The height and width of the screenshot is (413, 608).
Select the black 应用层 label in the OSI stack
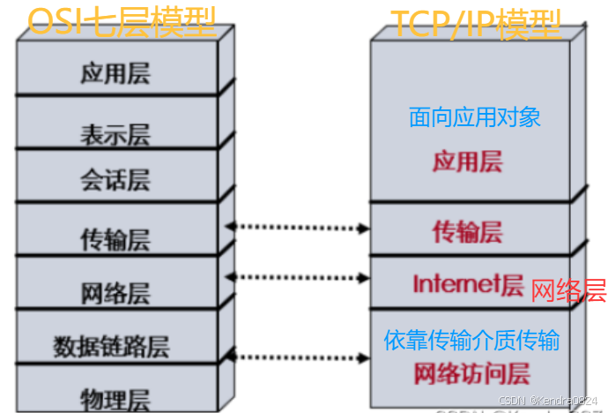point(115,72)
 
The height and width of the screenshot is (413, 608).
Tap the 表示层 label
point(115,134)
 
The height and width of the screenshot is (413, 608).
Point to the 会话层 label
point(115,182)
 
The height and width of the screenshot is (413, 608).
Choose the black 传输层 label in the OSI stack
point(115,239)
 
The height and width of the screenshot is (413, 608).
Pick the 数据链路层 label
point(115,344)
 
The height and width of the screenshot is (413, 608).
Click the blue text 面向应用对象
point(475,116)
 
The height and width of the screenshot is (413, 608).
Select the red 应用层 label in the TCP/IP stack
point(467,161)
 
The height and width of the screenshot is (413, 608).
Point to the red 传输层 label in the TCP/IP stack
point(467,232)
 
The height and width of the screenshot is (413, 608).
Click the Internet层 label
point(469,283)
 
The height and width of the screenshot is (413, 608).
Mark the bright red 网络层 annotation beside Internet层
point(569,290)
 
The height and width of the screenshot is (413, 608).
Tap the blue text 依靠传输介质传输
point(472,341)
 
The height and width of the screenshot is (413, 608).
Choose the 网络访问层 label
point(472,374)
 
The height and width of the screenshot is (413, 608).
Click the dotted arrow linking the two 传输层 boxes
point(298,228)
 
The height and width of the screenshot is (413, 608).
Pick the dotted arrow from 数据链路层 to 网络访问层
point(298,357)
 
